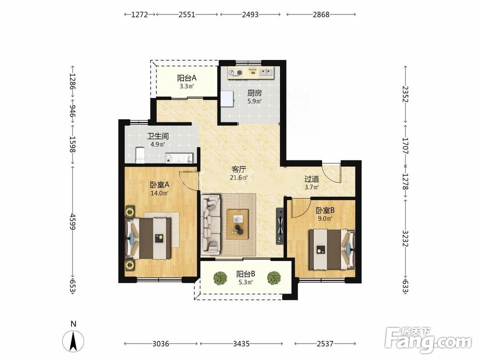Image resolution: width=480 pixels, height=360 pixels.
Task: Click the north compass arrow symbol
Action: click(x=73, y=341)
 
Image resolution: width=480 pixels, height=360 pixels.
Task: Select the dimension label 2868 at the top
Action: click(x=321, y=14)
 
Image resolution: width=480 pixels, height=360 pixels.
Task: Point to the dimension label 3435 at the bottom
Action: click(x=241, y=344)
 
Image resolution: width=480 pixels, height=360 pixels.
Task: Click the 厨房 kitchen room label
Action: click(x=254, y=93)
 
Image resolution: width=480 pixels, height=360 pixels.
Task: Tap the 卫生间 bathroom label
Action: click(x=157, y=136)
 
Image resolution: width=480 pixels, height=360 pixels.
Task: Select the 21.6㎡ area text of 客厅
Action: click(x=239, y=177)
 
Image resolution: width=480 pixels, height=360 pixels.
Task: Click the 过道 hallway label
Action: click(x=312, y=179)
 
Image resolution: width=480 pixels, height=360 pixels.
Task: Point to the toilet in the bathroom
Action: click(x=140, y=155)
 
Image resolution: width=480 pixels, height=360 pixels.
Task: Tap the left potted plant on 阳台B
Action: click(x=220, y=278)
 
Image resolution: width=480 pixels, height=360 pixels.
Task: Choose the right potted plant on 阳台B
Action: click(x=274, y=278)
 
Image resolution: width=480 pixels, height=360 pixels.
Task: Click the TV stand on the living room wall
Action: click(x=280, y=226)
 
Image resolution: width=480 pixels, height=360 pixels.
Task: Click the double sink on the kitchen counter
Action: click(x=266, y=72)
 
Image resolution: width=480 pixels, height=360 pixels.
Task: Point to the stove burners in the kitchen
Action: click(x=235, y=72)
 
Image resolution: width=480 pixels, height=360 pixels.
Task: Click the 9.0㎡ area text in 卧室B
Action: click(x=325, y=218)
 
